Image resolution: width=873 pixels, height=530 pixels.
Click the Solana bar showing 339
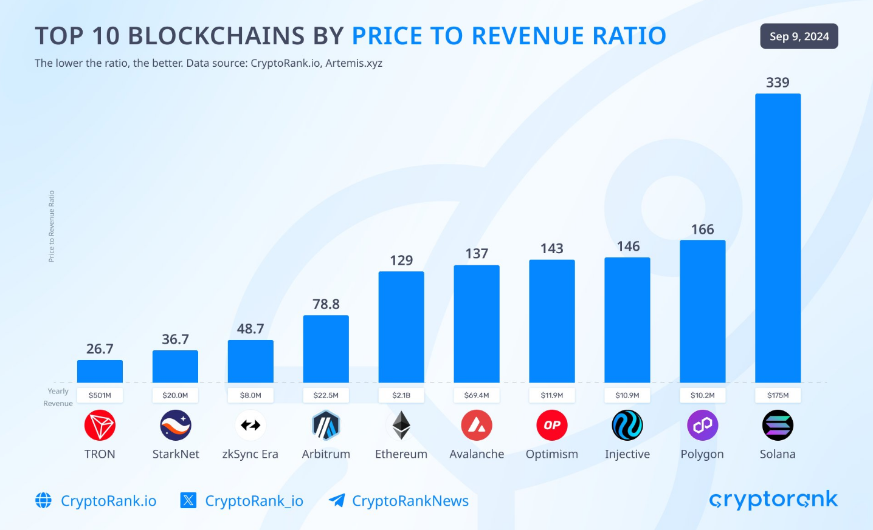pyautogui.click(x=778, y=238)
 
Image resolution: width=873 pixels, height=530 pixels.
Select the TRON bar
pyautogui.click(x=100, y=372)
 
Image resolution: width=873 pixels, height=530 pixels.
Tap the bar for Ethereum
pyautogui.click(x=401, y=327)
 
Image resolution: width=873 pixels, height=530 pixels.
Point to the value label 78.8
pyautogui.click(x=326, y=304)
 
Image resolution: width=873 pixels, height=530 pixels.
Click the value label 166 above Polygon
pyautogui.click(x=702, y=229)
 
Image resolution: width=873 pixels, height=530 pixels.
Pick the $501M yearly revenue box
pyautogui.click(x=100, y=395)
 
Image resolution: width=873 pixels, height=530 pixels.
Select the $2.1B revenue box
pyautogui.click(x=401, y=395)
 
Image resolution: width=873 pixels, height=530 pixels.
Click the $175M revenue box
pyautogui.click(x=778, y=395)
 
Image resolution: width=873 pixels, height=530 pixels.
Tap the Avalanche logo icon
pyautogui.click(x=477, y=426)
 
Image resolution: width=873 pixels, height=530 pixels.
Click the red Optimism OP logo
pyautogui.click(x=552, y=426)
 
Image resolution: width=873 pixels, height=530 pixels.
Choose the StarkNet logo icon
pyautogui.click(x=176, y=426)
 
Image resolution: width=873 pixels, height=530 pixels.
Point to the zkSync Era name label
pyautogui.click(x=250, y=454)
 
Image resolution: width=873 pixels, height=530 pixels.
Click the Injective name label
pyautogui.click(x=627, y=454)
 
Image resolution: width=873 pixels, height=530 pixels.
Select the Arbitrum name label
pyautogui.click(x=326, y=454)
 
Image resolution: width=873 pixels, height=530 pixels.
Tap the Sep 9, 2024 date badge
pyautogui.click(x=799, y=36)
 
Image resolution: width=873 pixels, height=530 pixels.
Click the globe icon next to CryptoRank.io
pyautogui.click(x=43, y=500)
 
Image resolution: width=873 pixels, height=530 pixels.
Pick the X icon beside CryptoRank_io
pyautogui.click(x=188, y=500)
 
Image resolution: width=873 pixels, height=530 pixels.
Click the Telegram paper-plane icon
pyautogui.click(x=337, y=500)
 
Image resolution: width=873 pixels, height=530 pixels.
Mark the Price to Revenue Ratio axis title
pyautogui.click(x=52, y=226)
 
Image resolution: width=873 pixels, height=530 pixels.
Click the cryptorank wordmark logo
pyautogui.click(x=773, y=500)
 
